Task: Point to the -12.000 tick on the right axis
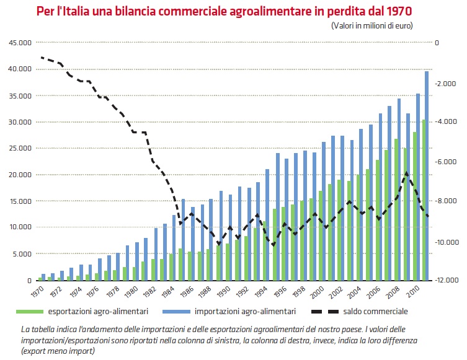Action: pyautogui.click(x=446, y=280)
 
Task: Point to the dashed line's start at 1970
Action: pyautogui.click(x=41, y=57)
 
